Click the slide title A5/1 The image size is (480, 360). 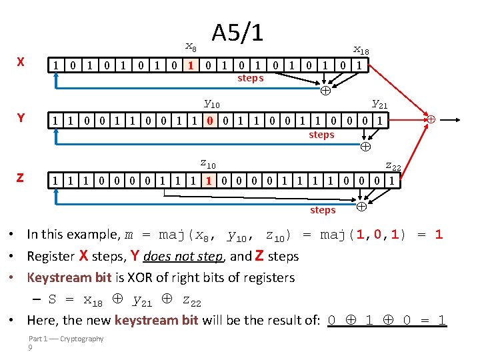pyautogui.click(x=237, y=32)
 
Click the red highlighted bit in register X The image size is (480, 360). pyautogui.click(x=191, y=65)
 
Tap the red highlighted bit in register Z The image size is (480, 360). pyautogui.click(x=209, y=180)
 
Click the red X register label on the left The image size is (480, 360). pyautogui.click(x=21, y=62)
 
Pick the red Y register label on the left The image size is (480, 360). pyautogui.click(x=21, y=118)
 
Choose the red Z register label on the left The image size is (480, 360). pyautogui.click(x=21, y=178)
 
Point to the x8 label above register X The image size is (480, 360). pyautogui.click(x=191, y=47)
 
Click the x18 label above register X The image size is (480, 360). pyautogui.click(x=361, y=50)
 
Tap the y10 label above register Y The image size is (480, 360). pyautogui.click(x=211, y=103)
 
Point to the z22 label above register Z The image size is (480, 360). pyautogui.click(x=393, y=166)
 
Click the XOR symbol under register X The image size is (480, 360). pyautogui.click(x=325, y=91)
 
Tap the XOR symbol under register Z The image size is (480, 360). pyautogui.click(x=361, y=207)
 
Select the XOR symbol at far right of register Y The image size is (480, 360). pyautogui.click(x=431, y=119)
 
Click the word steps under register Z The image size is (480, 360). pyautogui.click(x=323, y=210)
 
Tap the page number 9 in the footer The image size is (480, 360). pyautogui.click(x=31, y=348)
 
